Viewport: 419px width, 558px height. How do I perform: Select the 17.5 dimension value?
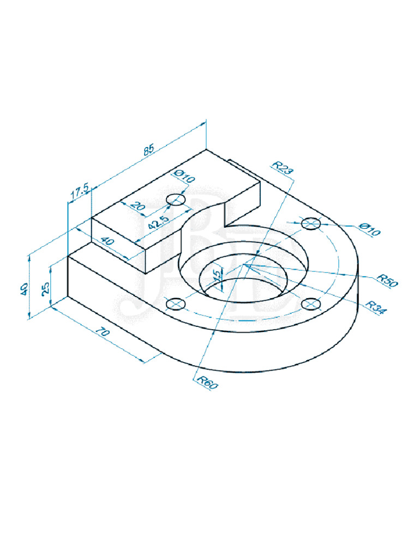[x=80, y=191]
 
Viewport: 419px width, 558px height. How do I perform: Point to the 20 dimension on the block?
[x=137, y=207]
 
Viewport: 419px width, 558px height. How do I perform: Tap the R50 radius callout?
[x=388, y=281]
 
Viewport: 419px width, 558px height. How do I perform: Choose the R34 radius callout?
[x=376, y=306]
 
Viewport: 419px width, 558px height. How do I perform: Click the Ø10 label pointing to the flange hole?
[x=370, y=230]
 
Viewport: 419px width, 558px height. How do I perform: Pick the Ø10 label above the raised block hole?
[x=184, y=177]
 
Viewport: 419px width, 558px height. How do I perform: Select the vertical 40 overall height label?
[x=24, y=288]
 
